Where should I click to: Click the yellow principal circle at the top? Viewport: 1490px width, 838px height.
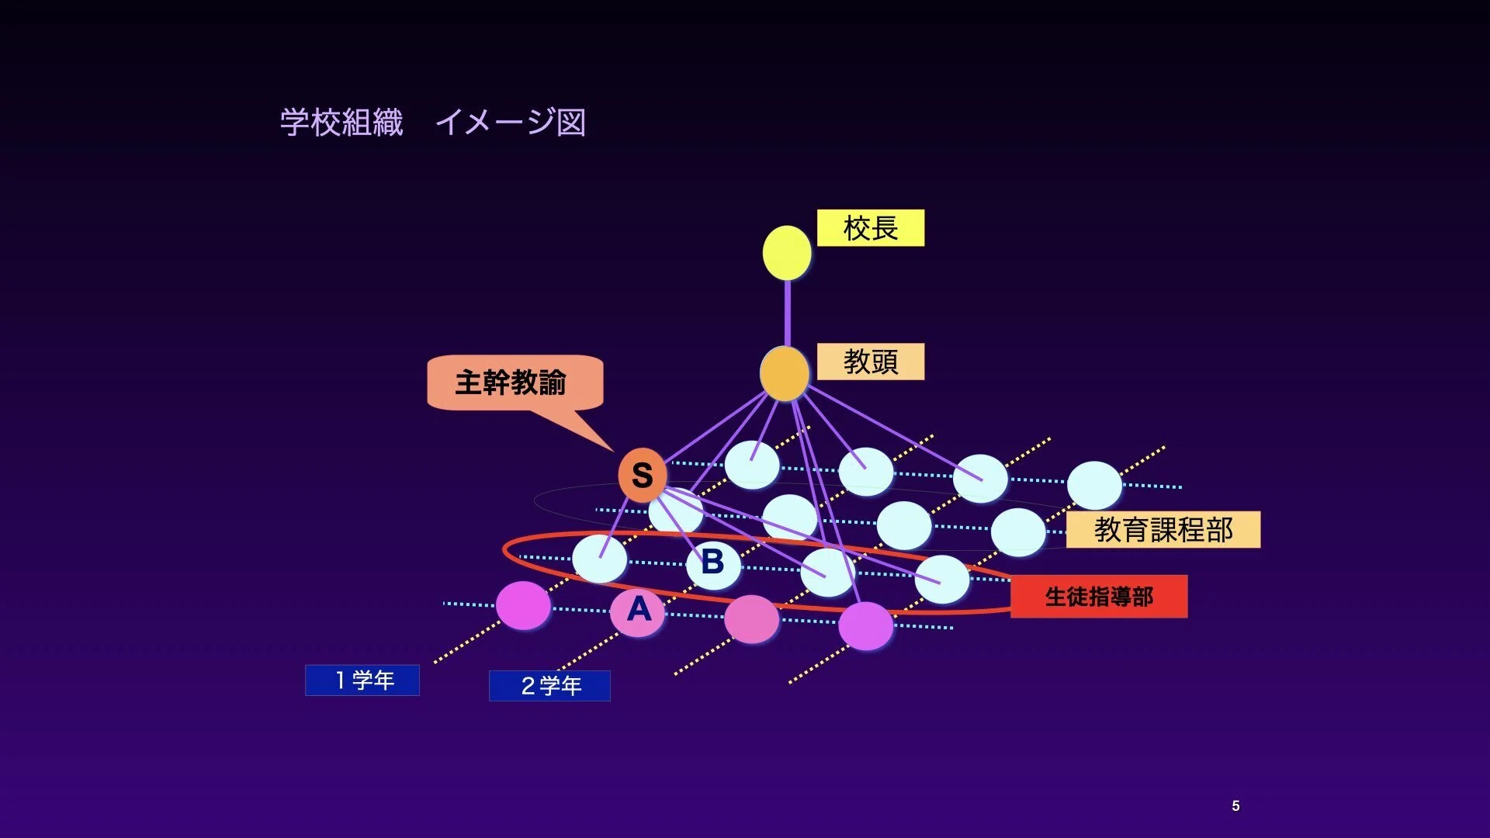[x=787, y=253]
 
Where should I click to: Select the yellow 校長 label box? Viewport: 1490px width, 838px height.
[x=871, y=228]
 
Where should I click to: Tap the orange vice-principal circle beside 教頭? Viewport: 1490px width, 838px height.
[x=785, y=373]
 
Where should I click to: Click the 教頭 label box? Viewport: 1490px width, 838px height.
[x=871, y=362]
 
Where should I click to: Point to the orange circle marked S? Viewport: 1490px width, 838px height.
[x=643, y=475]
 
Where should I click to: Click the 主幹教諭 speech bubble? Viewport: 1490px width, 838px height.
[x=515, y=383]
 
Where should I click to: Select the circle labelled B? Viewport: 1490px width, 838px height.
[x=713, y=563]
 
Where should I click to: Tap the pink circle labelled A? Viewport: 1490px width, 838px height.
[x=638, y=611]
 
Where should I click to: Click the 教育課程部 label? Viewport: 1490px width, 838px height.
[x=1163, y=530]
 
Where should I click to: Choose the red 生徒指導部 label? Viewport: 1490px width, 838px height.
[x=1099, y=597]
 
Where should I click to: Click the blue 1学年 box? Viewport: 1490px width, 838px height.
[x=362, y=680]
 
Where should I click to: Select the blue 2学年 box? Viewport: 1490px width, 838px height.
[x=549, y=686]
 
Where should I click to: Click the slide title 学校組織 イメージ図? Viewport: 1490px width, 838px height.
[x=433, y=123]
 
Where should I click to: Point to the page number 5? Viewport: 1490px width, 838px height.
[x=1235, y=806]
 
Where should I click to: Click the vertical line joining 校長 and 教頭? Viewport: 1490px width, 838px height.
[x=787, y=313]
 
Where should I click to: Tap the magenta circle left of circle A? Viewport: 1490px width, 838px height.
[x=523, y=605]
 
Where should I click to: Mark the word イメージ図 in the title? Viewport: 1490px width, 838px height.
[x=511, y=123]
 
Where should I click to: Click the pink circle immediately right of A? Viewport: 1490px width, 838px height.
[x=751, y=619]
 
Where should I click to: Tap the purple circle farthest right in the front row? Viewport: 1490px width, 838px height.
[x=866, y=626]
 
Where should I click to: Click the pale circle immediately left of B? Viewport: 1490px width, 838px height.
[x=600, y=559]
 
